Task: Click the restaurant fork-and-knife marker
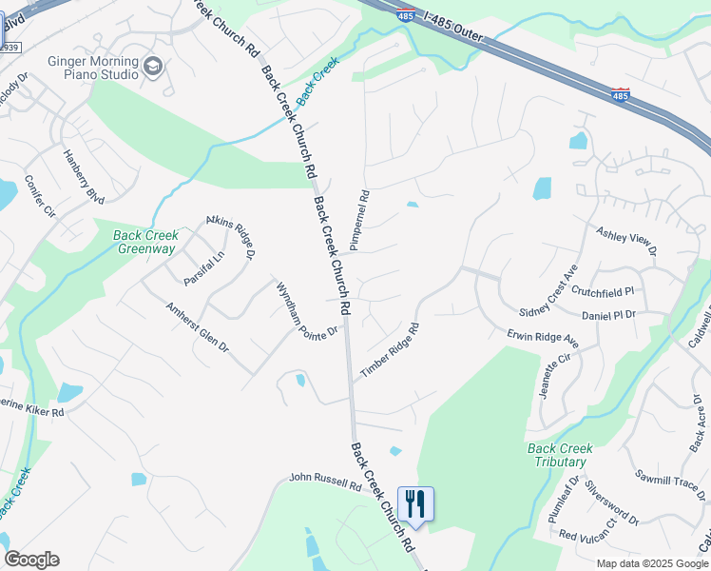(415, 502)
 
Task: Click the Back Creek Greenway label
(145, 243)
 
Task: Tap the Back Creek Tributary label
(560, 455)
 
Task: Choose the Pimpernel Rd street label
(359, 220)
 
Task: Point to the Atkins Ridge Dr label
(232, 237)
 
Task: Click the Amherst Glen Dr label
(198, 327)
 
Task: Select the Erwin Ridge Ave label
(543, 337)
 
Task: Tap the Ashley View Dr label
(626, 242)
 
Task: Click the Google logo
(31, 560)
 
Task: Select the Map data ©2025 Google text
(651, 562)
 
